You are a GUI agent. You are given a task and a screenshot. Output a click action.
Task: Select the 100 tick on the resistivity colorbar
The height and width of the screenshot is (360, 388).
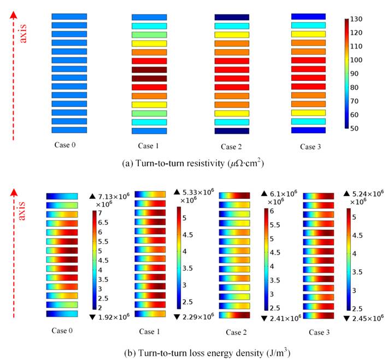(x=358, y=60)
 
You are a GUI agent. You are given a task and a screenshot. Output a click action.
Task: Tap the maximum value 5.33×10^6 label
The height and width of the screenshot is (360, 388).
(x=194, y=192)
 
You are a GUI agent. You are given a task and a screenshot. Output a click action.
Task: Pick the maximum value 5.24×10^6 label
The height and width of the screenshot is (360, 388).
(x=367, y=193)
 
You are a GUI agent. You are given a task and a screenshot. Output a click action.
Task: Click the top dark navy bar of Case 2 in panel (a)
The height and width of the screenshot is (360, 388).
(x=232, y=17)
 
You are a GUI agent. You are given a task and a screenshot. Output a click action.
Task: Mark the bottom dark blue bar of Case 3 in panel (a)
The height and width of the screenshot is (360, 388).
(x=308, y=131)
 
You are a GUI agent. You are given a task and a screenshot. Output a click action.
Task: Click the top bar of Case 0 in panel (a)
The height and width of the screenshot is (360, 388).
(x=69, y=17)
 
